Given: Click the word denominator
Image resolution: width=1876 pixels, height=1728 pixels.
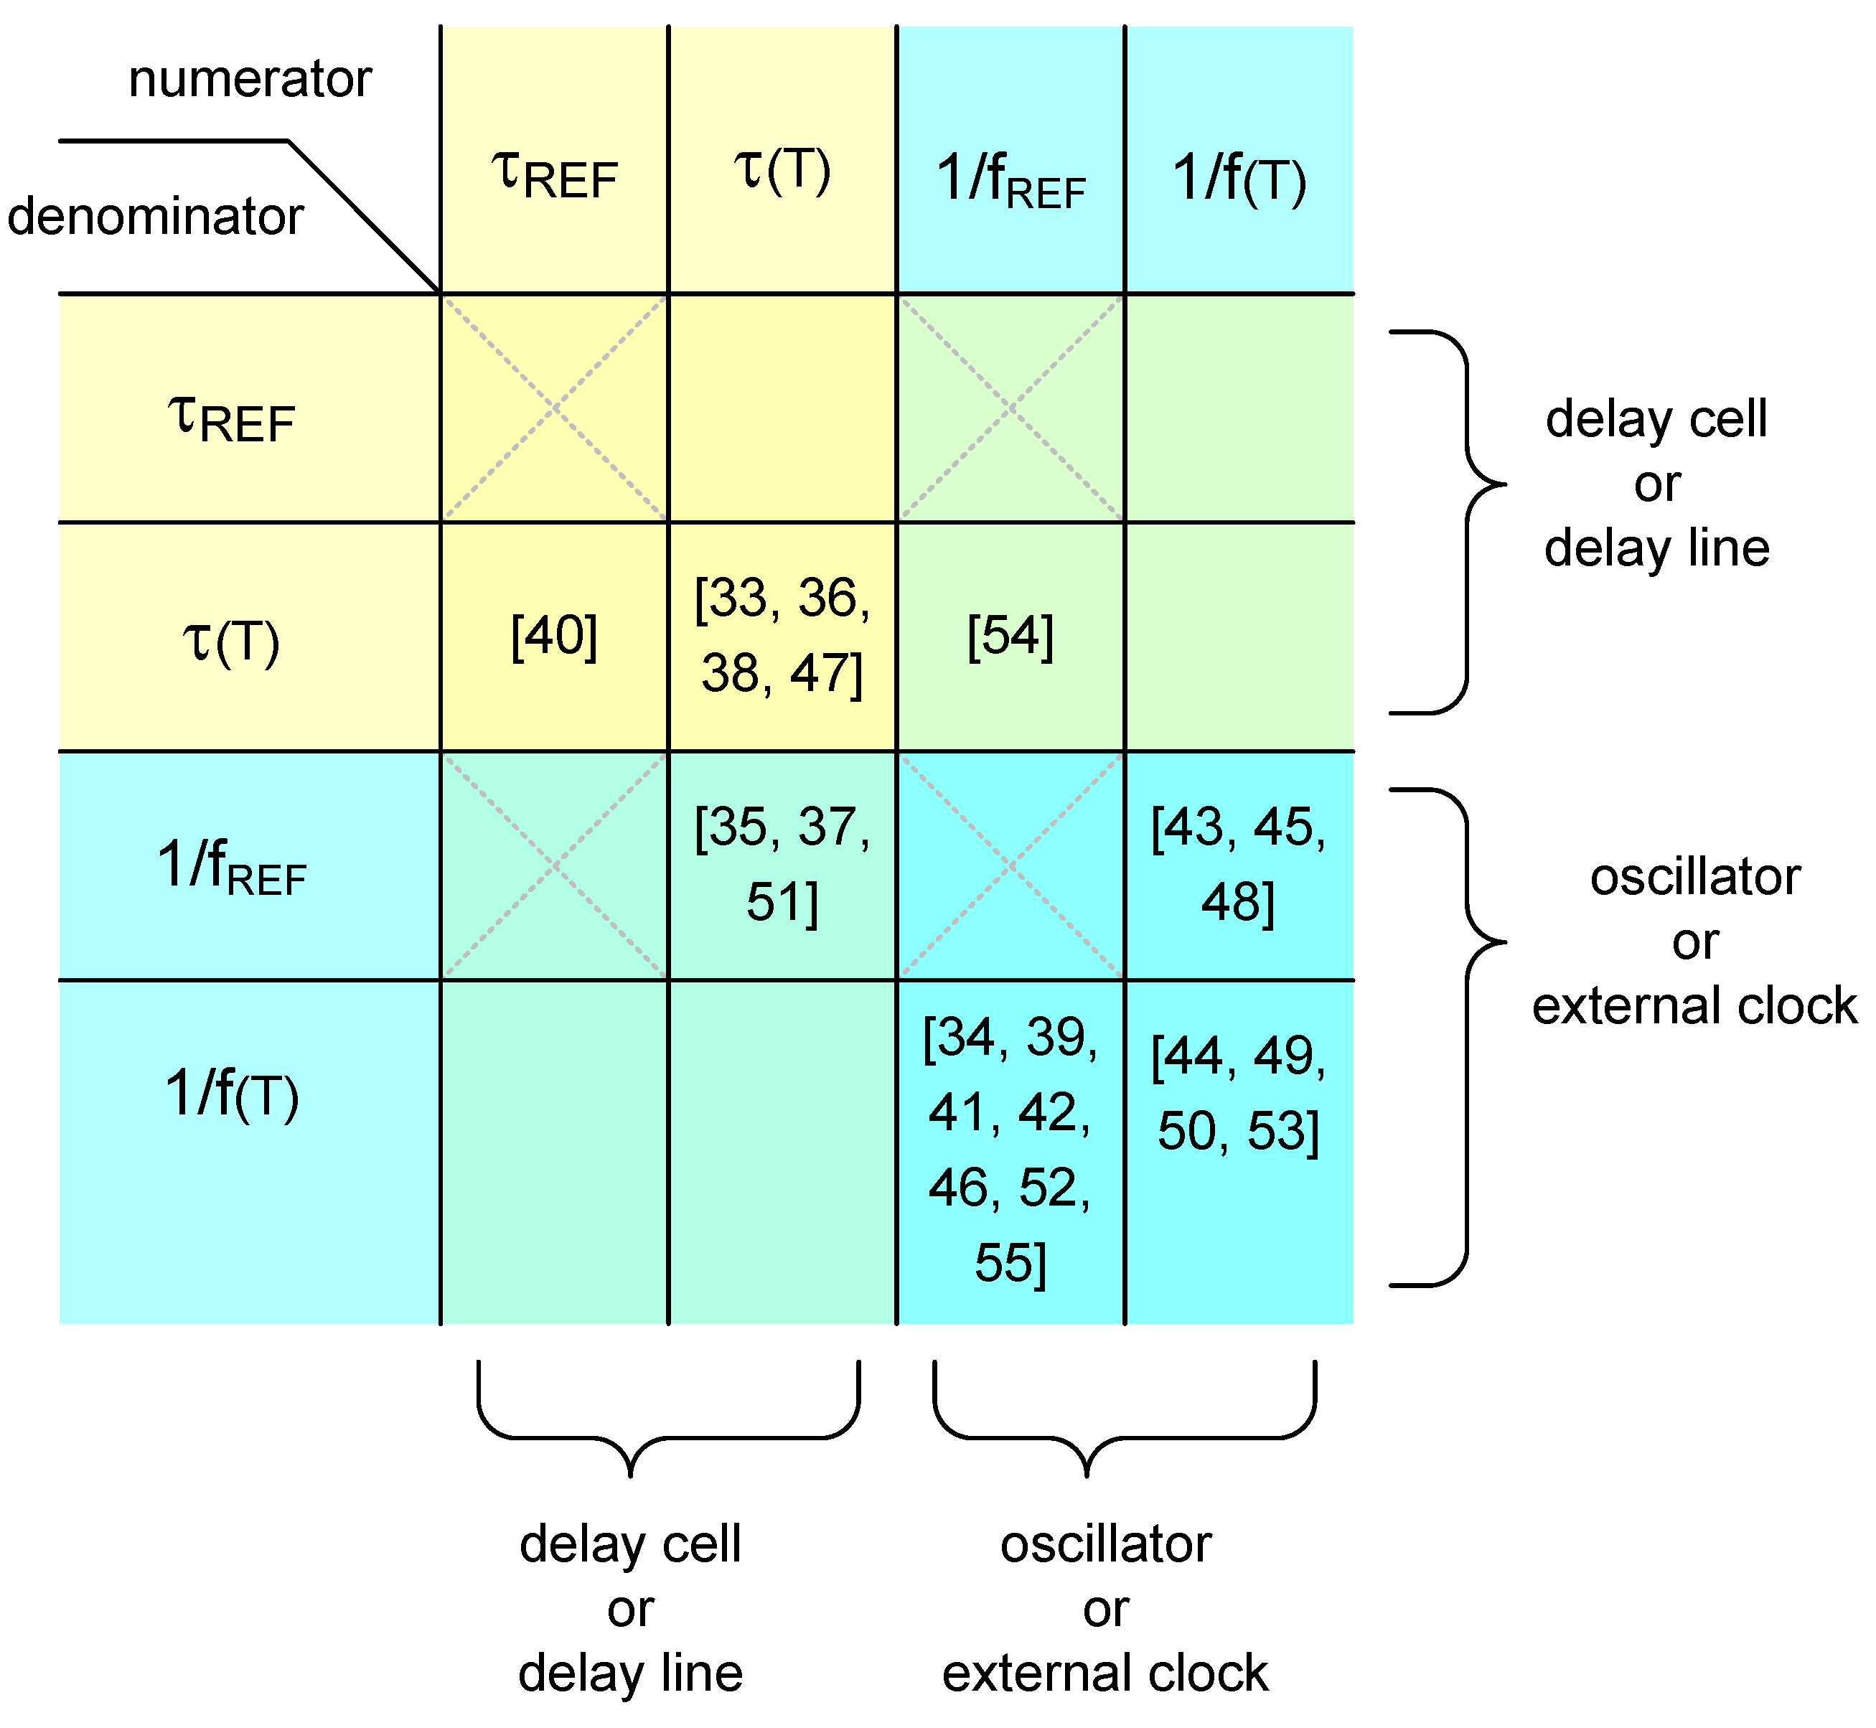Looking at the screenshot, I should pyautogui.click(x=155, y=216).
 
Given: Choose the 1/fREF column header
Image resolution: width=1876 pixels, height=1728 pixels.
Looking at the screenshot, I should pyautogui.click(x=1010, y=179).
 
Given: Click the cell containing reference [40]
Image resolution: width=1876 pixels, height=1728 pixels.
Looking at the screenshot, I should pyautogui.click(x=555, y=637).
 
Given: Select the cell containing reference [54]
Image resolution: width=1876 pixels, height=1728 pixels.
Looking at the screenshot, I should pyautogui.click(x=1010, y=637).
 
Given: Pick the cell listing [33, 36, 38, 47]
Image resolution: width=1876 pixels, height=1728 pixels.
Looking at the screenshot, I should pyautogui.click(x=782, y=636).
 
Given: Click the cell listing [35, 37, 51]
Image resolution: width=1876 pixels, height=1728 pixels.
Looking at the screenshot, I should pyautogui.click(x=782, y=865).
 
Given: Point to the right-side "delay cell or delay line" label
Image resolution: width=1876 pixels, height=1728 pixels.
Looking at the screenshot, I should pyautogui.click(x=1656, y=484).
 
